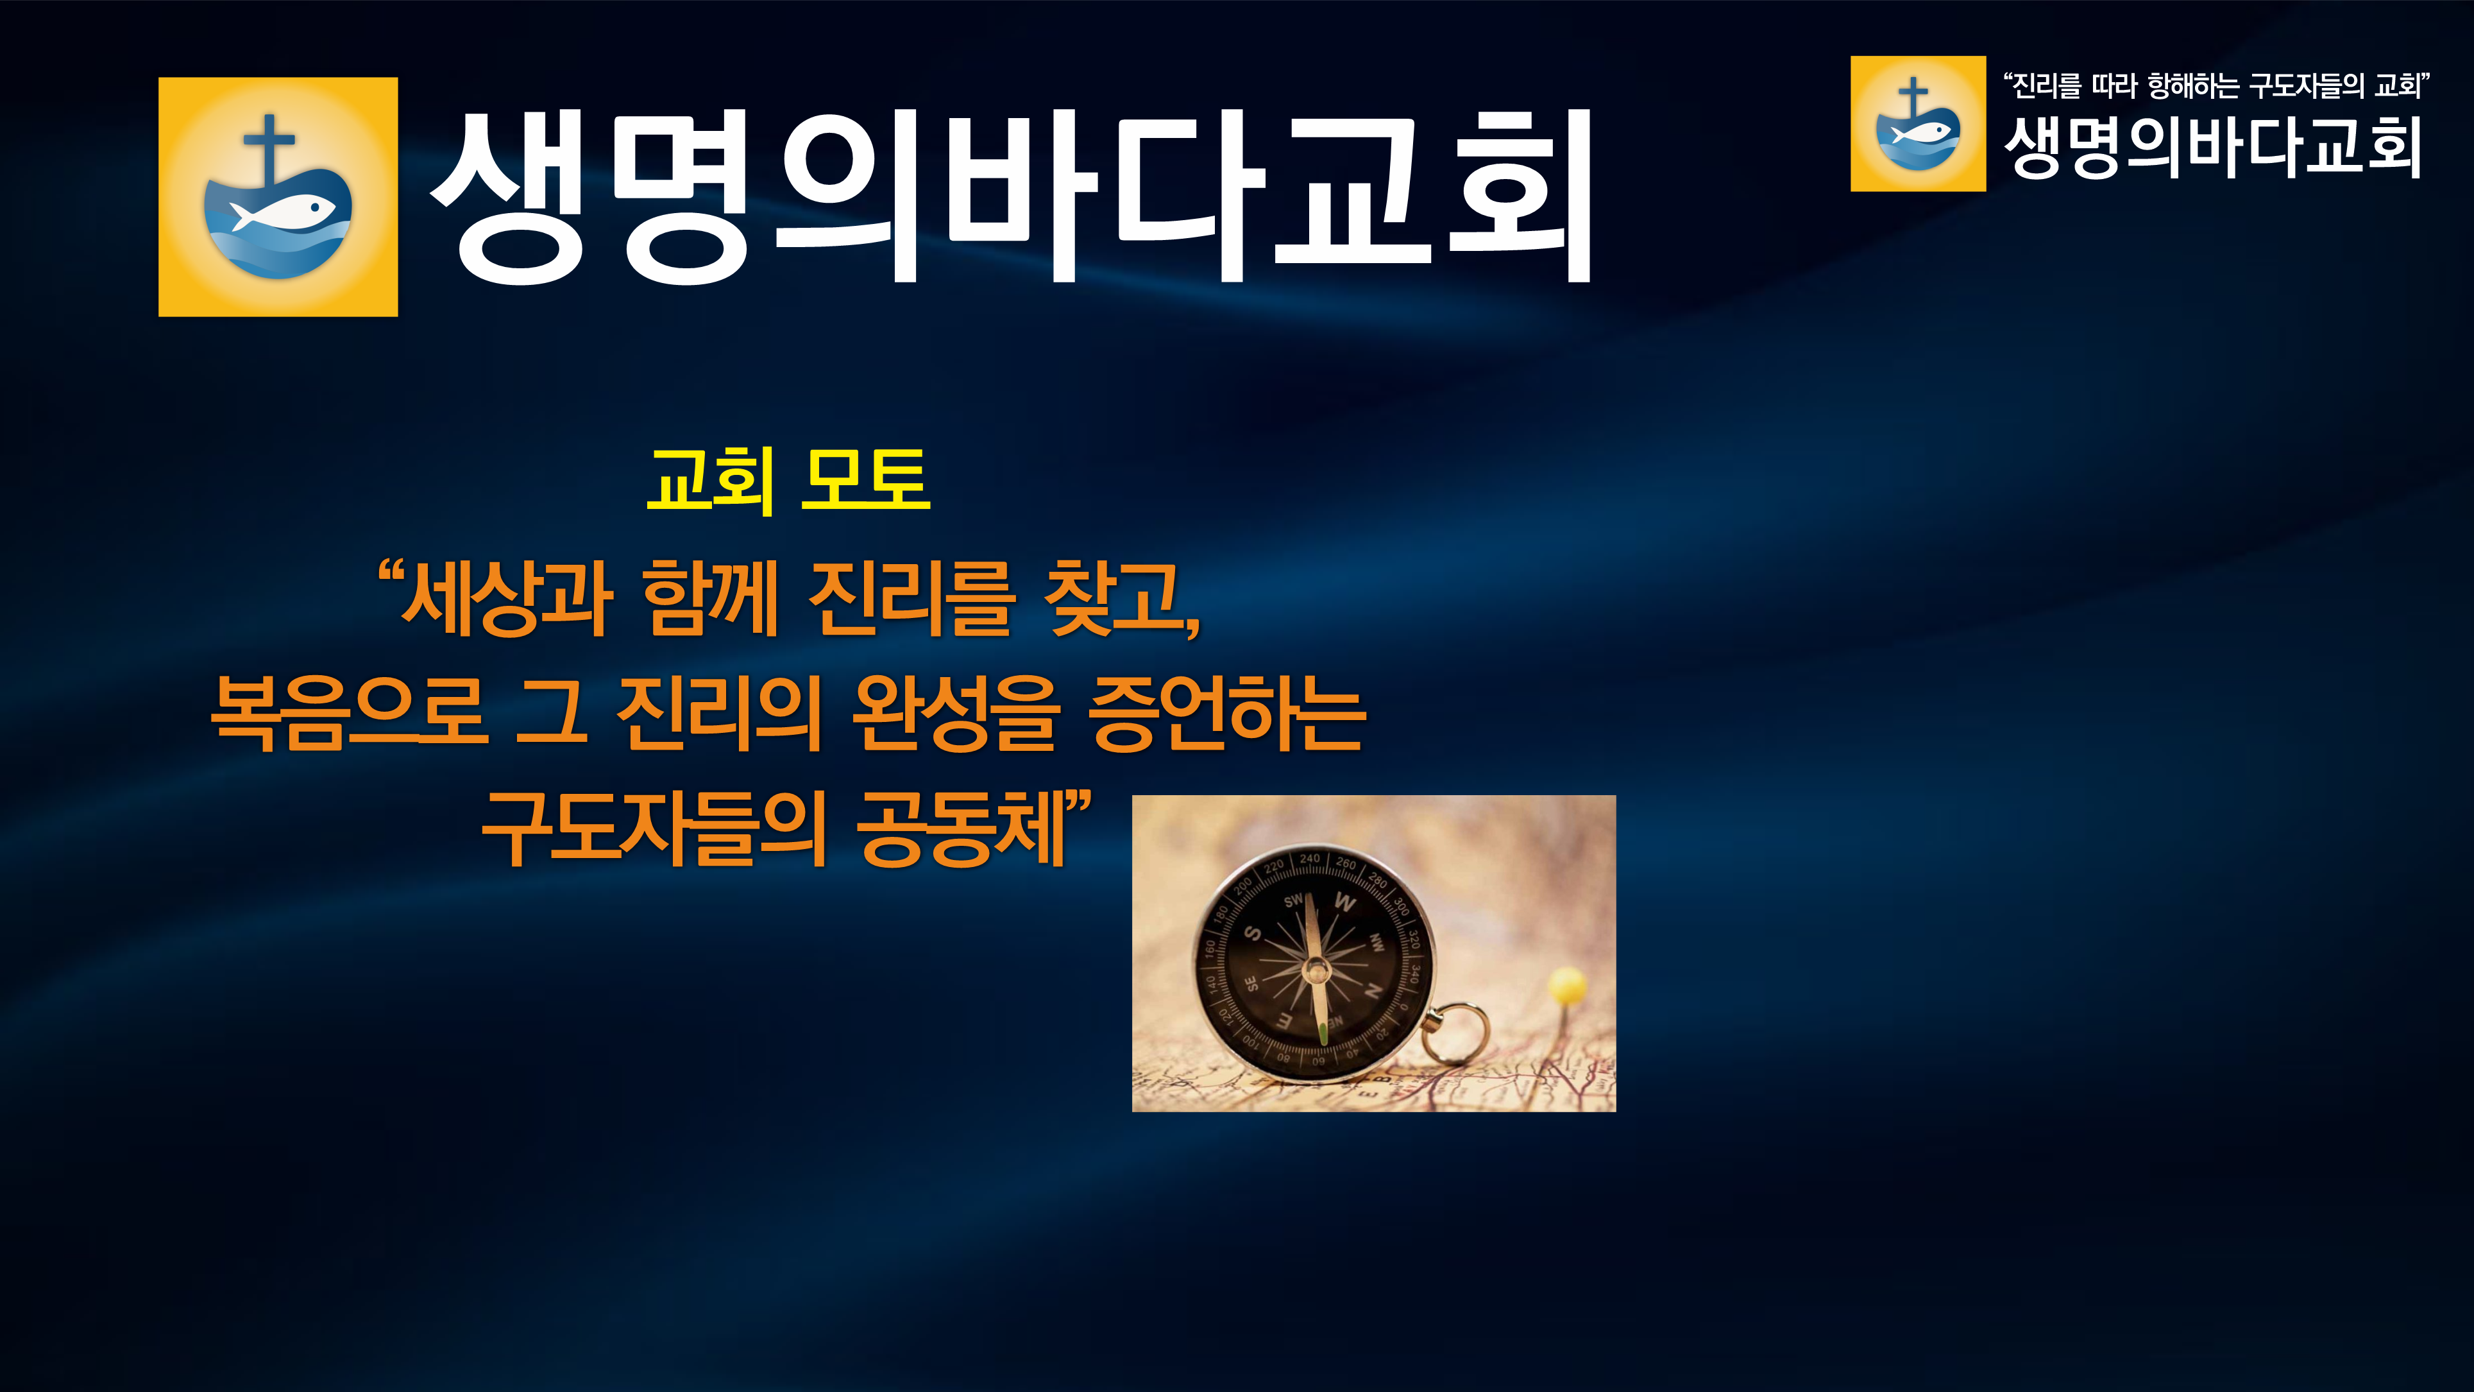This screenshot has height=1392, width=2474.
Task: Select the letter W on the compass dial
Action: (x=1344, y=902)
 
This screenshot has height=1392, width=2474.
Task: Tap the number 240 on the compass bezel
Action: (x=1310, y=858)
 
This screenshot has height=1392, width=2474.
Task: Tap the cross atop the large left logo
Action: (x=269, y=145)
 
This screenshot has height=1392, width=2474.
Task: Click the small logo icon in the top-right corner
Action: (x=1918, y=124)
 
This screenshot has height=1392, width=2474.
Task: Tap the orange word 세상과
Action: (x=507, y=599)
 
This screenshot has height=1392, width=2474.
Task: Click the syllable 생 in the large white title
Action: (x=507, y=198)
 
